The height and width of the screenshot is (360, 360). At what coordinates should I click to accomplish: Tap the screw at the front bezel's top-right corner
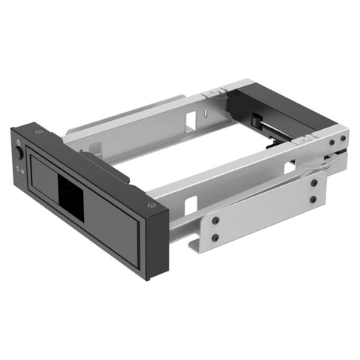(151, 205)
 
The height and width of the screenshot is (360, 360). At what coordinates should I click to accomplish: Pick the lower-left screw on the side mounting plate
(215, 238)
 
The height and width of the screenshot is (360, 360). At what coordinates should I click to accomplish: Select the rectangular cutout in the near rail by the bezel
(190, 204)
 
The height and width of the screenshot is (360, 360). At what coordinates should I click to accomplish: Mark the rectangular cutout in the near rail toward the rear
(289, 166)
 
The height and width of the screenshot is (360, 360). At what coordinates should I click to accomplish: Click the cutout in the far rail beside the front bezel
(96, 149)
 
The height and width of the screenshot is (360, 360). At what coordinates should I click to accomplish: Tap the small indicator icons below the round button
(18, 169)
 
